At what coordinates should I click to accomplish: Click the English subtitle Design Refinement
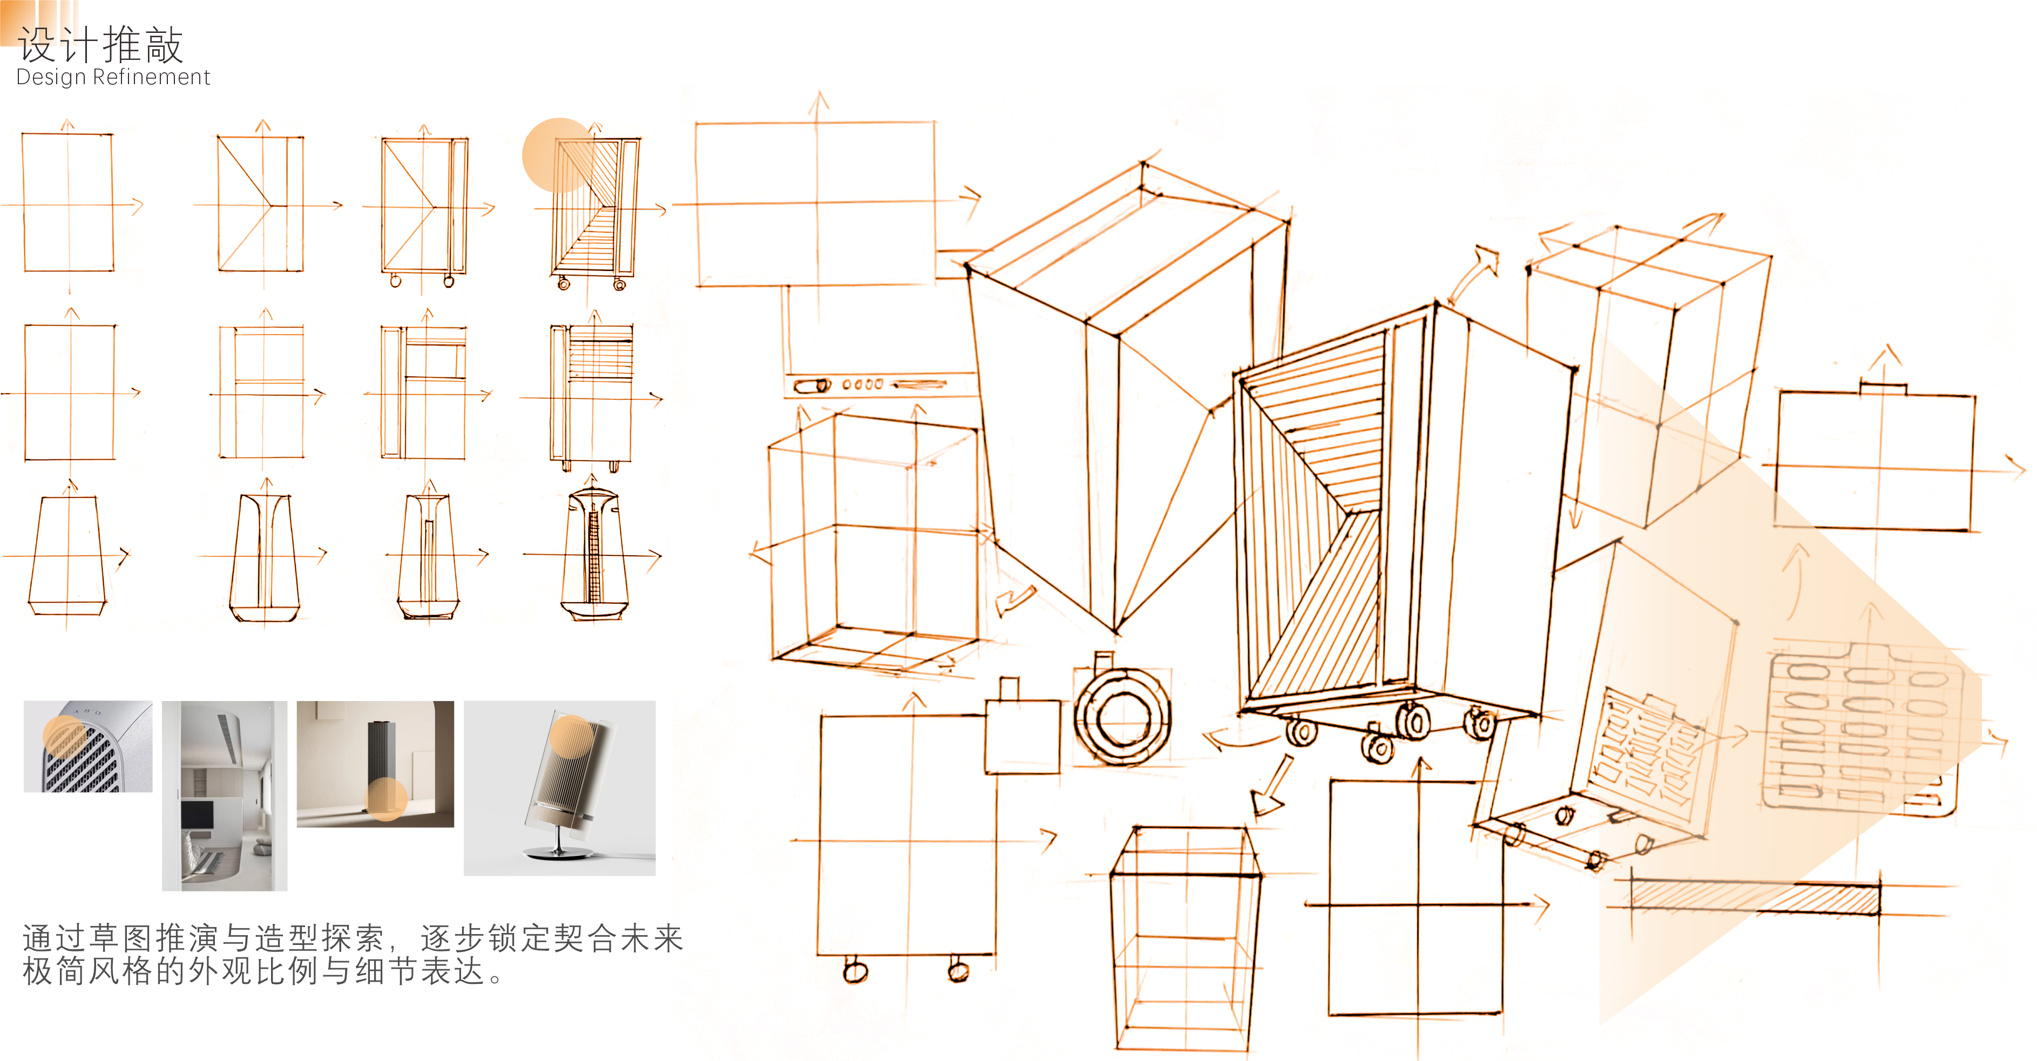click(x=113, y=78)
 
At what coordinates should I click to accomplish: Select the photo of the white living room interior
click(x=225, y=795)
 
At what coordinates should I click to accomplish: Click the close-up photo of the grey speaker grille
click(x=88, y=746)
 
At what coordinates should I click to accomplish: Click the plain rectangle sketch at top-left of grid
click(x=68, y=202)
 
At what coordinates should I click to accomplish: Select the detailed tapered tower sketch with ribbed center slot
click(x=594, y=555)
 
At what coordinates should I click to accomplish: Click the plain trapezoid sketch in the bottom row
click(x=67, y=555)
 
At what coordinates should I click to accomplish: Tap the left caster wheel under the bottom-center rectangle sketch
click(x=855, y=970)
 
